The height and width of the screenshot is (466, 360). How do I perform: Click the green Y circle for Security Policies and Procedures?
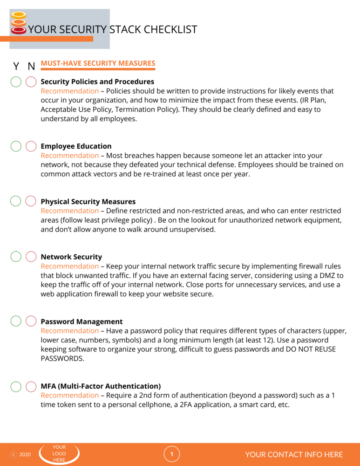coord(16,82)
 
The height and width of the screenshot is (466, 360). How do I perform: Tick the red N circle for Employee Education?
coord(31,146)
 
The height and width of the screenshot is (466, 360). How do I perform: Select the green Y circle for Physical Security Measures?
coord(16,201)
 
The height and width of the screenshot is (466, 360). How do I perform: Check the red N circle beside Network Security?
coord(31,256)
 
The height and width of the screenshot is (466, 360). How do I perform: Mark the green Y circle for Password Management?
coord(16,321)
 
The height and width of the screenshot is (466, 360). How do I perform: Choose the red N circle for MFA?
coord(31,386)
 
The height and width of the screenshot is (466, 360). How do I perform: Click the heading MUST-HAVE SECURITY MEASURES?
coord(98,63)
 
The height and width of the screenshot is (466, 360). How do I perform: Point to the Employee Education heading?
coord(76,146)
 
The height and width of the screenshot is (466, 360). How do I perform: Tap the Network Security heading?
coord(71,257)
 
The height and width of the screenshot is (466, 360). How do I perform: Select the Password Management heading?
coord(82,322)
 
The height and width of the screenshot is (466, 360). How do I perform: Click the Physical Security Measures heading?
coord(88,202)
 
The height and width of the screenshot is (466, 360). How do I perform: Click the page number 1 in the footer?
coord(172,454)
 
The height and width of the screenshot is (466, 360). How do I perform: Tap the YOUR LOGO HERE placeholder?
coord(59,454)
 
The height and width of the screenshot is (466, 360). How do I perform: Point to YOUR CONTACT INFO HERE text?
coord(294,454)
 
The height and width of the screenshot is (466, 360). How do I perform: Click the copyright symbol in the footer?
coord(14,454)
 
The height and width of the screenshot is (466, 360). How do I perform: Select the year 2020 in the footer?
coord(25,454)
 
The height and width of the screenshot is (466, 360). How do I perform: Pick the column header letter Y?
coord(16,66)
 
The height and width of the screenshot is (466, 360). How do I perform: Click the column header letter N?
coord(31,66)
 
